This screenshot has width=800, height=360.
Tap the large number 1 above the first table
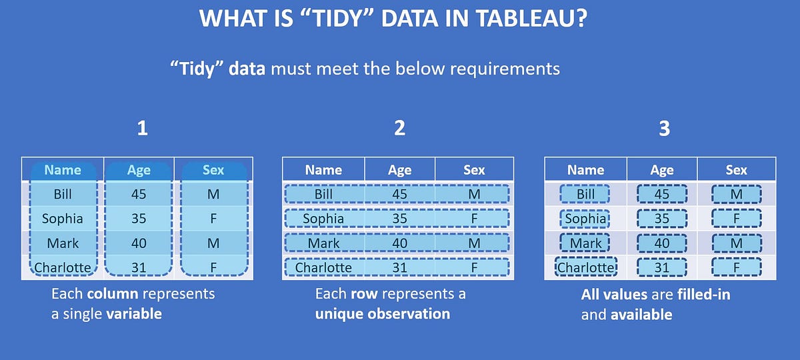pyautogui.click(x=142, y=128)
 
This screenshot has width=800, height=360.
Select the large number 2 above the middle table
pyautogui.click(x=399, y=128)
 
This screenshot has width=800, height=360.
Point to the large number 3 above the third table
pyautogui.click(x=664, y=128)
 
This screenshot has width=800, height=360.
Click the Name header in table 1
pyautogui.click(x=63, y=170)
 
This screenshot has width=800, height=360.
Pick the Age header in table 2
pyautogui.click(x=399, y=170)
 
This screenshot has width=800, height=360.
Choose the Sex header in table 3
pyautogui.click(x=736, y=170)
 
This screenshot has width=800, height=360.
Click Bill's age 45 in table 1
pyautogui.click(x=139, y=195)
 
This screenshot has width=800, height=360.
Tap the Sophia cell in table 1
pyautogui.click(x=63, y=219)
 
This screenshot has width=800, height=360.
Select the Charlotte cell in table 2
pyautogui.click(x=323, y=267)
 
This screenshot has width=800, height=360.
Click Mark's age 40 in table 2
pyautogui.click(x=399, y=243)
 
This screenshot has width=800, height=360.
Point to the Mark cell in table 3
pyautogui.click(x=585, y=243)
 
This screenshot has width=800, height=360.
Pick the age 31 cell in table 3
pyautogui.click(x=662, y=267)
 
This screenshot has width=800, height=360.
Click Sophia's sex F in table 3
pyautogui.click(x=736, y=219)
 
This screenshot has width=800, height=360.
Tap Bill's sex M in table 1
pyautogui.click(x=213, y=195)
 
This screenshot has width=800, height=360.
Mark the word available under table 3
pyautogui.click(x=641, y=314)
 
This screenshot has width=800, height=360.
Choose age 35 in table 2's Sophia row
pyautogui.click(x=399, y=219)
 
